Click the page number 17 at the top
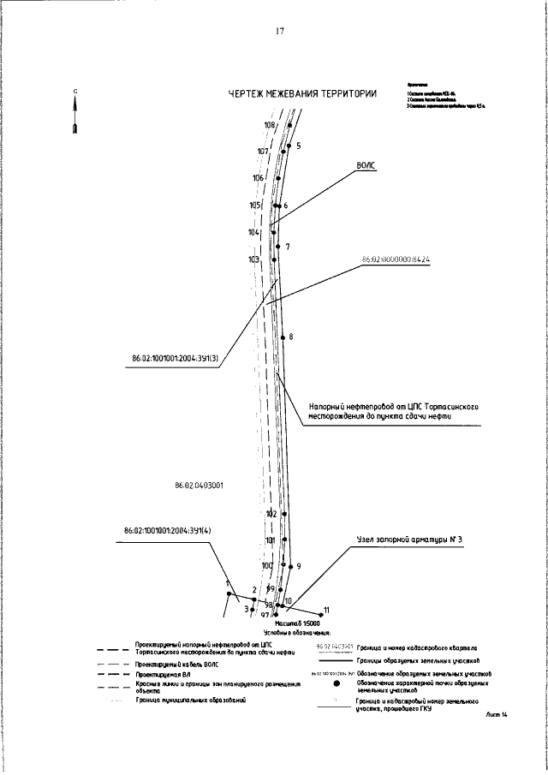point(279,32)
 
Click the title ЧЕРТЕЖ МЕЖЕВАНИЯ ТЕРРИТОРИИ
point(303,95)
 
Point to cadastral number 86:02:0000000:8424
point(395,259)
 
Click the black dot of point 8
point(282,337)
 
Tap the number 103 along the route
point(253,259)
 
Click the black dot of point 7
point(278,248)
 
